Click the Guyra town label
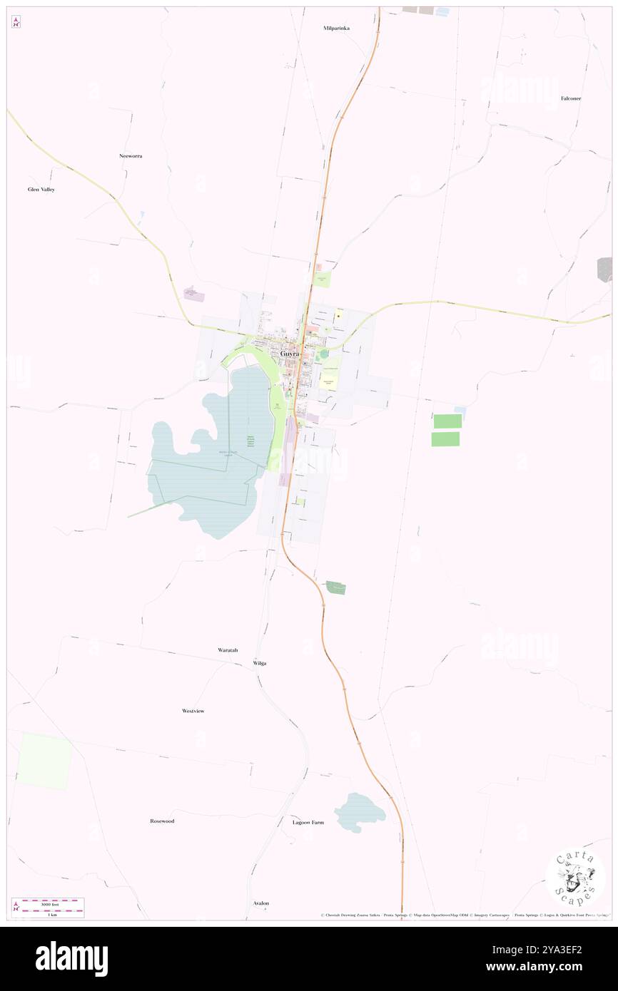pos(290,354)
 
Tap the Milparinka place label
pos(336,28)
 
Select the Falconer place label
pos(570,98)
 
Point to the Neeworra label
pos(131,155)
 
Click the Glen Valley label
pos(41,190)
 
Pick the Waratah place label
pos(228,650)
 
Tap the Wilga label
pos(260,663)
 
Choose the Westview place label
pos(193,711)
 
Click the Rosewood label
pos(162,821)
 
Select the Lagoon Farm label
pos(308,822)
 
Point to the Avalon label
pos(261,903)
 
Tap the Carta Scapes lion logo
pos(575,878)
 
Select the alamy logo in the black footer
pos(71,959)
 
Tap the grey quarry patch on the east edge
pos(604,269)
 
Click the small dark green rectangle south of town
pos(336,588)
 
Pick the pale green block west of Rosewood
pos(44,761)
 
